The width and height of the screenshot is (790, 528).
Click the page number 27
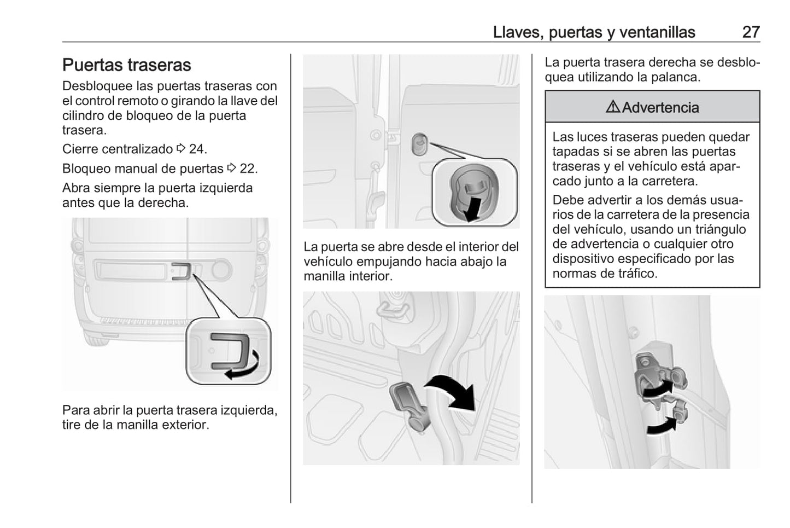click(x=751, y=32)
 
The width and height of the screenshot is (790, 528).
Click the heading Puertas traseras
click(x=126, y=65)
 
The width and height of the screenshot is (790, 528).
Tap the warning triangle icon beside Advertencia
click(x=613, y=107)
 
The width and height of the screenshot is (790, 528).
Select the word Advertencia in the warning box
click(x=660, y=107)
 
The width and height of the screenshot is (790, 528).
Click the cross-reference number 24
click(x=197, y=149)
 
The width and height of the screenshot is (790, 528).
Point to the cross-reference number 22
click(x=248, y=169)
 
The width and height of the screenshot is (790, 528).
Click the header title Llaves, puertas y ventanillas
click(x=594, y=32)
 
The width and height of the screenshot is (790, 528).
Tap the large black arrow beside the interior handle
click(x=453, y=391)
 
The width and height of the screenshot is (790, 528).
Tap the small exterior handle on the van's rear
click(x=181, y=270)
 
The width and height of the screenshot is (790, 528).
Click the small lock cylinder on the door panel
click(x=419, y=144)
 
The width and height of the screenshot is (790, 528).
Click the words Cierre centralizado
click(x=117, y=149)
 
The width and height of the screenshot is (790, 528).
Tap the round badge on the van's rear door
click(x=221, y=270)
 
